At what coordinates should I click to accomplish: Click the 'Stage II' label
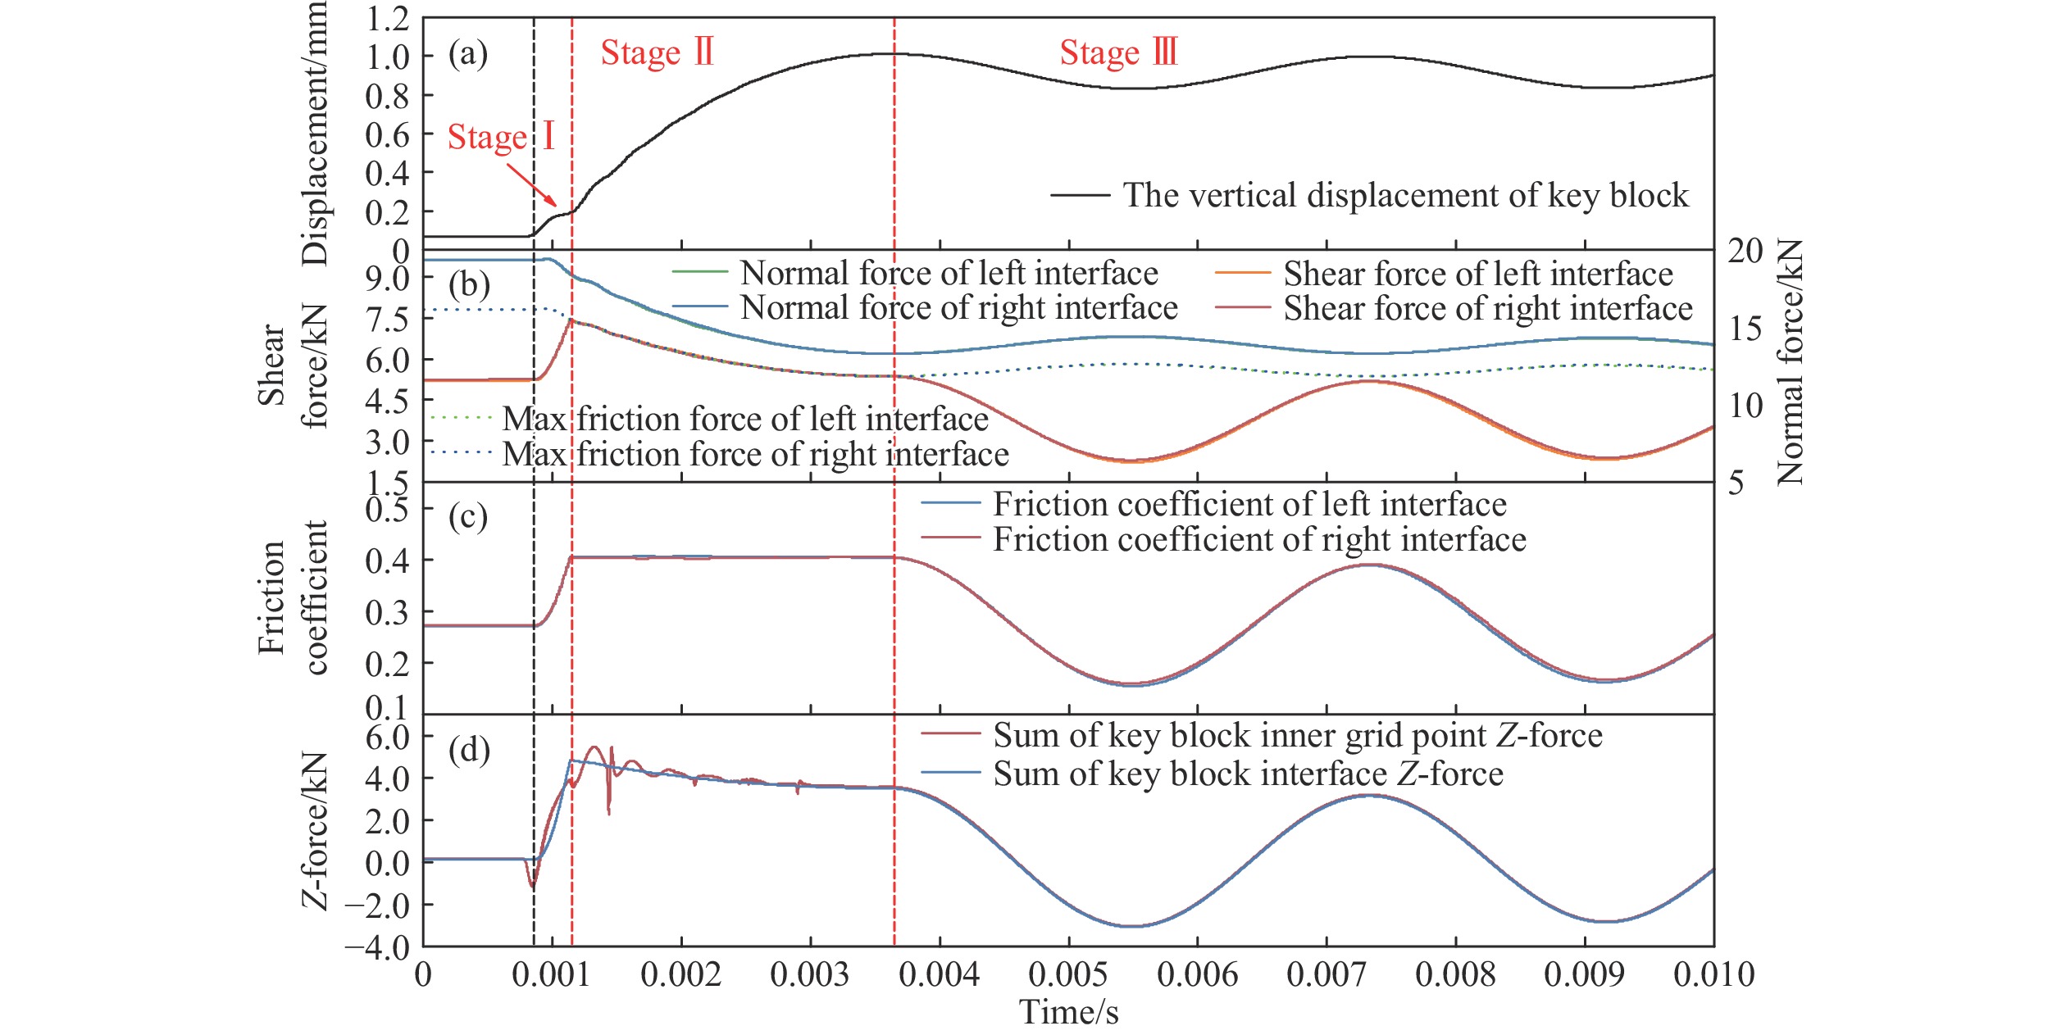(x=657, y=53)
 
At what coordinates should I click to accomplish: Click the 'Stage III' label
(x=1118, y=53)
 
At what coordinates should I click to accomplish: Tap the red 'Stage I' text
(x=501, y=137)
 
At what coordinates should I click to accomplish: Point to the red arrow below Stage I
(x=532, y=184)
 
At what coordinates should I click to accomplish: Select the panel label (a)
(x=468, y=54)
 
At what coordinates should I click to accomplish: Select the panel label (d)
(x=468, y=749)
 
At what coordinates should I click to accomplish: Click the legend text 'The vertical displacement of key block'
(x=1405, y=195)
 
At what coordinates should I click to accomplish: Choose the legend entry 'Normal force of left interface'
(x=949, y=273)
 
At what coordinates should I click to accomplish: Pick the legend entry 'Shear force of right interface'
(x=1487, y=309)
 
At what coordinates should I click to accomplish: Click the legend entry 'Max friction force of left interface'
(x=744, y=419)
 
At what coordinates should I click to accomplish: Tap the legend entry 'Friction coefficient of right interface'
(x=1259, y=539)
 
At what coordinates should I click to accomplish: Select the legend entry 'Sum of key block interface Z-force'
(x=1248, y=774)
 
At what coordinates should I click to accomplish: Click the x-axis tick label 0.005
(x=1068, y=975)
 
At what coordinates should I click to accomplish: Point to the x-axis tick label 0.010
(x=1713, y=975)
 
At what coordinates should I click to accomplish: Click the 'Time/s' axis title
(x=1068, y=1012)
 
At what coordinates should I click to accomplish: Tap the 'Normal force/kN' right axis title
(x=1791, y=362)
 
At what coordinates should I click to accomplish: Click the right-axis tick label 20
(x=1745, y=252)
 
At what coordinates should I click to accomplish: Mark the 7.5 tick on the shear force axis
(x=387, y=320)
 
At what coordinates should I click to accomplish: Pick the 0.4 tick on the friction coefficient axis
(x=387, y=561)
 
